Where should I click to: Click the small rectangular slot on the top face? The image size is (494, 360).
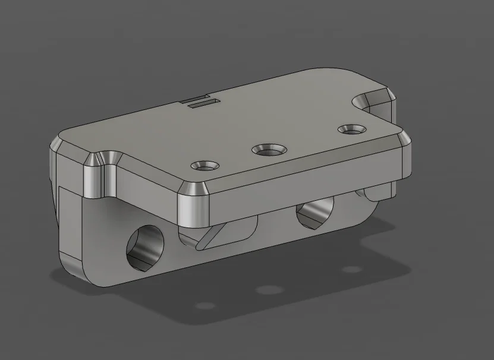point(202,104)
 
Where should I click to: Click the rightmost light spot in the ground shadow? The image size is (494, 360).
point(351,270)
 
